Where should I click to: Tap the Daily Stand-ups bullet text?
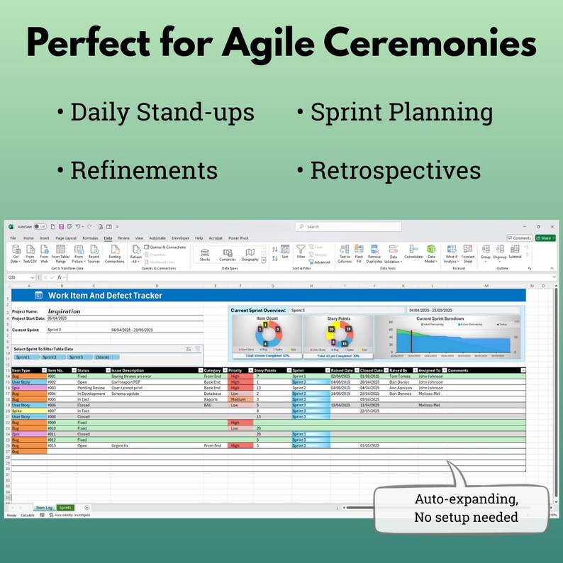point(162,112)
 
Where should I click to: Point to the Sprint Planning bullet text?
point(401,112)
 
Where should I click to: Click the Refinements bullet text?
point(144,169)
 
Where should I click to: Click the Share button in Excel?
point(545,238)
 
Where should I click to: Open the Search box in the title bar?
point(340,227)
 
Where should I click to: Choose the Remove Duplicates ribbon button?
point(374,255)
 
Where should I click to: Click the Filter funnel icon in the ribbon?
point(301,252)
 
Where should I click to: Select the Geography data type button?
point(250,255)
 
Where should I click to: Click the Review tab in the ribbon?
point(123,238)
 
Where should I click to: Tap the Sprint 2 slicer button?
point(48,357)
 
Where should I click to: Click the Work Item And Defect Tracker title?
point(105,295)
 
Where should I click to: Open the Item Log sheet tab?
point(43,508)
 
